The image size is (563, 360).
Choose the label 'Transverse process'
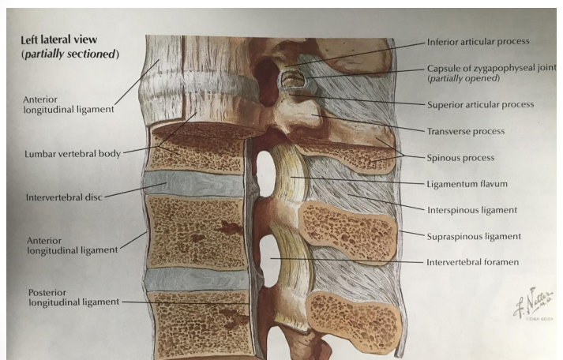465,131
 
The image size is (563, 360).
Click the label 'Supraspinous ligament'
472,235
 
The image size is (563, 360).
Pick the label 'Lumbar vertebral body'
73,154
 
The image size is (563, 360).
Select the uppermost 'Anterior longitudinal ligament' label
67,104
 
